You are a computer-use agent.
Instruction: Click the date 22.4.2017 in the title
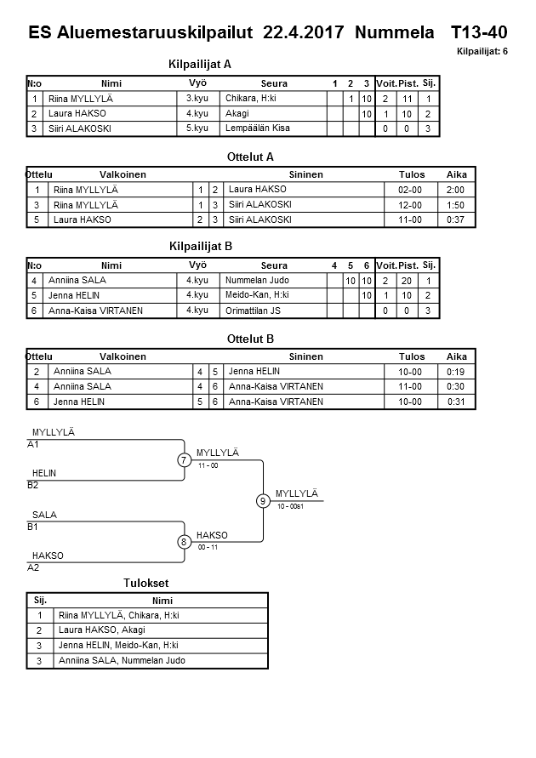304,32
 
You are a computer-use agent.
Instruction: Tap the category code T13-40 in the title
479,32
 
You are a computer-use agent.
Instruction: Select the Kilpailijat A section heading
201,64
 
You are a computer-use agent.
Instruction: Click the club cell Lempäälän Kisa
256,128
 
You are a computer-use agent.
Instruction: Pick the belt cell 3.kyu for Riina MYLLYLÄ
198,99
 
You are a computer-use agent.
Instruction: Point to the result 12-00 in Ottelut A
411,204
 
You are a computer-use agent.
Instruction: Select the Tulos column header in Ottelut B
411,357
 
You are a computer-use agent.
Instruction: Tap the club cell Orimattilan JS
253,311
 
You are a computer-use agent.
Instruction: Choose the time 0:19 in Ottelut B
456,372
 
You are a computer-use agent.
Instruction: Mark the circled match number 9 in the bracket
263,501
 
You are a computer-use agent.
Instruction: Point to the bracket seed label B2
34,486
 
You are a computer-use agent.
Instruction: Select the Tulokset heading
146,584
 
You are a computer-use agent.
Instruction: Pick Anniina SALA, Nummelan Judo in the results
122,660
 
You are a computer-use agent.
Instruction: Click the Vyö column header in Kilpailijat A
197,83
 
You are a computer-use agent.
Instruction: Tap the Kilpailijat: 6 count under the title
482,52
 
